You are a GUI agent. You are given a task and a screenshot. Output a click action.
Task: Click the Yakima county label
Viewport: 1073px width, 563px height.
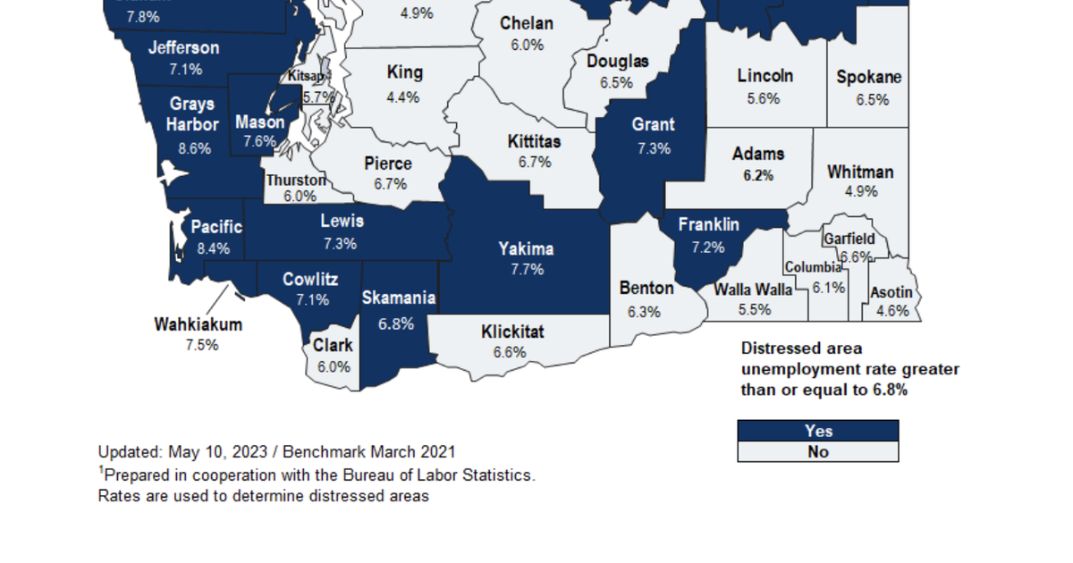tap(527, 249)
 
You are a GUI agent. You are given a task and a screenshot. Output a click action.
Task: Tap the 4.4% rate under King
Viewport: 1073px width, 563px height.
tap(403, 97)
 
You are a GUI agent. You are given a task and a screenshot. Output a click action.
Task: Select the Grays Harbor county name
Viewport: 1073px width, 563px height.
tap(192, 114)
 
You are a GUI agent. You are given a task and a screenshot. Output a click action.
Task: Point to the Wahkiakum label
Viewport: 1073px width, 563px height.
tap(199, 324)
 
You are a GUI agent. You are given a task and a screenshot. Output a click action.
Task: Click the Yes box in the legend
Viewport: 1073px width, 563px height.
tap(817, 431)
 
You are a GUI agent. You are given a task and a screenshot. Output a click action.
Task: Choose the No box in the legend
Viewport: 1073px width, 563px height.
tap(817, 451)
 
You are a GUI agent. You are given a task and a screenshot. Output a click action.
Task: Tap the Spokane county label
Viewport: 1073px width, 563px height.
tap(869, 78)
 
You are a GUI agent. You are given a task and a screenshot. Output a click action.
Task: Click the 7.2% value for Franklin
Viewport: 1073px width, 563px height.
tap(708, 247)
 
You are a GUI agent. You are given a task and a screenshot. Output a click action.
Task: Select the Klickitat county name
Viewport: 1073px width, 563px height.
tap(512, 332)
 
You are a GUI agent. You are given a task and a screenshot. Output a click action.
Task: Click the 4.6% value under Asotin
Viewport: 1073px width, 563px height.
tap(892, 311)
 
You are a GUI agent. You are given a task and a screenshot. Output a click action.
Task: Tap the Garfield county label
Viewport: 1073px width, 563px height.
tap(849, 239)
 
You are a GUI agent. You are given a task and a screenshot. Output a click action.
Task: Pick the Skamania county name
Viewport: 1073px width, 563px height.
tap(399, 298)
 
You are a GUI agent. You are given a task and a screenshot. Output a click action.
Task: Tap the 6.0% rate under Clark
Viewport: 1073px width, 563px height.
tap(333, 366)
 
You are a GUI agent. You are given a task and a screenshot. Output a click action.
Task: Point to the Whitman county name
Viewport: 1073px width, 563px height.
tap(860, 172)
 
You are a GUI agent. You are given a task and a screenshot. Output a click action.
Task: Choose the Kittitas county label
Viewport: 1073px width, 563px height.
tap(535, 141)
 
